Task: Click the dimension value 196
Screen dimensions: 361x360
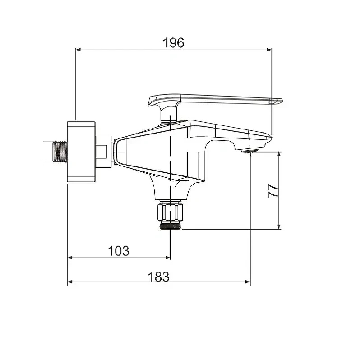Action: (173, 43)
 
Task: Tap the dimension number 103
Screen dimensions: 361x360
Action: (119, 251)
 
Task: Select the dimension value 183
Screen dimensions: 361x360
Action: (159, 277)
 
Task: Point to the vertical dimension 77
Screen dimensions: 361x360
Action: (273, 191)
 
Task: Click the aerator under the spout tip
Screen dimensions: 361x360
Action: (250, 151)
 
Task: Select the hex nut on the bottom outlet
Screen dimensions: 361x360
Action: (170, 212)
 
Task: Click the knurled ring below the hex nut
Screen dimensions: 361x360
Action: (171, 226)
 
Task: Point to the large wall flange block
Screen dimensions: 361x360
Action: (81, 152)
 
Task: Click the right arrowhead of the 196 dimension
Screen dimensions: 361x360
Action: (269, 50)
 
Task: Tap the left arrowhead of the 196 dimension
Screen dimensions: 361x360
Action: (78, 50)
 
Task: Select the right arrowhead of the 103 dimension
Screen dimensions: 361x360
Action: (167, 258)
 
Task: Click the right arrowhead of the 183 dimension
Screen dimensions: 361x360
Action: (247, 282)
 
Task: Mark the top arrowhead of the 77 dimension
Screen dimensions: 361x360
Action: (279, 155)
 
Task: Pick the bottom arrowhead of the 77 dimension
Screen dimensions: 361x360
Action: (279, 226)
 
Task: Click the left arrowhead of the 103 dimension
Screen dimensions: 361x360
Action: (70, 258)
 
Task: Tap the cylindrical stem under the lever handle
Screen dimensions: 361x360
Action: (169, 114)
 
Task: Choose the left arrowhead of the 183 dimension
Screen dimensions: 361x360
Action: (70, 282)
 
